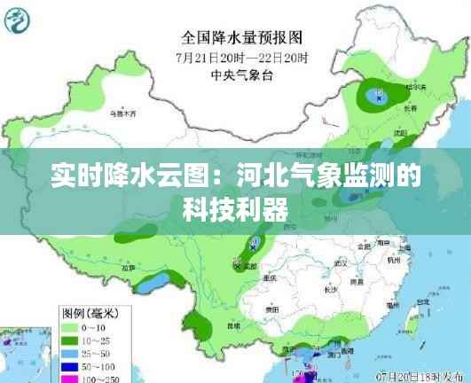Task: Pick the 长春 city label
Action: tap(410, 107)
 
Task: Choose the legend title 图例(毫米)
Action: tap(89, 314)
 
